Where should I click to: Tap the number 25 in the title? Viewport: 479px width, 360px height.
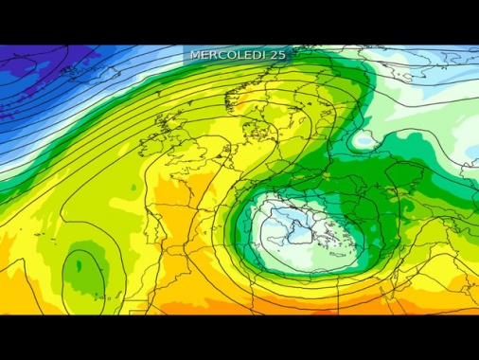[x=277, y=55]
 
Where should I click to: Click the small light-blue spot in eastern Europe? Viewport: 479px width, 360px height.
[x=364, y=142]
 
